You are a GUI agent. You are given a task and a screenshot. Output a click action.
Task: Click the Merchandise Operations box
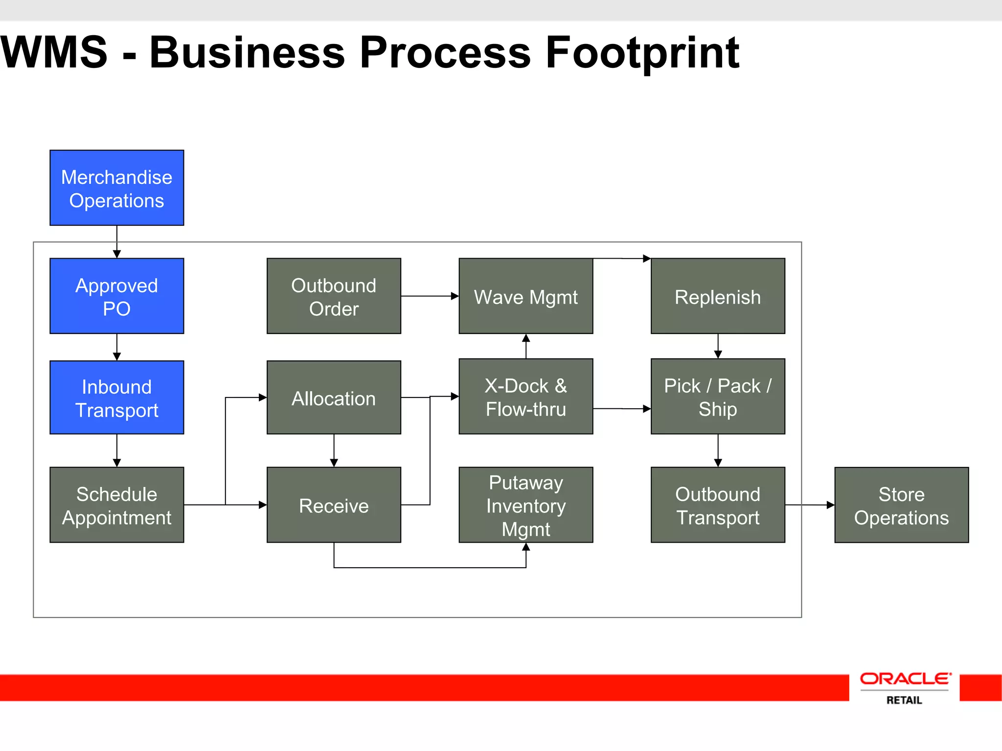117,188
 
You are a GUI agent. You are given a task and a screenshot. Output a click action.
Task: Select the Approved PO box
117,296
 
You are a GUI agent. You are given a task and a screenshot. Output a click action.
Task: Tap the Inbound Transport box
117,398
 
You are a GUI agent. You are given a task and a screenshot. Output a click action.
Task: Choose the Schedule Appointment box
117,505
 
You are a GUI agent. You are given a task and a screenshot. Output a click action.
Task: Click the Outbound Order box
334,296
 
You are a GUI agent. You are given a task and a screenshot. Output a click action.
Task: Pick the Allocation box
334,398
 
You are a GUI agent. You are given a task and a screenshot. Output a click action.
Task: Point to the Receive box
334,505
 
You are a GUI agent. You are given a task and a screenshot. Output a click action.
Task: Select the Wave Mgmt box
526,296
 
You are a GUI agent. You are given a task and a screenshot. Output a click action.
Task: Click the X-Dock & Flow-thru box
526,397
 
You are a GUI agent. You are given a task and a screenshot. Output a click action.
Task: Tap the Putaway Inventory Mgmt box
526,505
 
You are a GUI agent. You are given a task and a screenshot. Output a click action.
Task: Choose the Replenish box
718,296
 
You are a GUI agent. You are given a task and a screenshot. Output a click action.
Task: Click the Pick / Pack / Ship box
718,397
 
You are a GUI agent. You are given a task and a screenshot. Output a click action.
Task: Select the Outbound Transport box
718,505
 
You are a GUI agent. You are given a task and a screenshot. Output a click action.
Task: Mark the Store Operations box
901,505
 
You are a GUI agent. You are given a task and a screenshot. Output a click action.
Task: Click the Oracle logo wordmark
905,679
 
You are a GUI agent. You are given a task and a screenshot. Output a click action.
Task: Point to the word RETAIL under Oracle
904,700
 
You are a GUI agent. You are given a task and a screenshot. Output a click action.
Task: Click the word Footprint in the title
642,53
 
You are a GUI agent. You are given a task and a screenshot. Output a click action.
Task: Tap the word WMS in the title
54,53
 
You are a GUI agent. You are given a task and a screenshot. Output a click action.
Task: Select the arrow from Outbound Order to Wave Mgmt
430,296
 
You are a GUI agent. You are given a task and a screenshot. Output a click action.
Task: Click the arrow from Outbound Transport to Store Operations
810,505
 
